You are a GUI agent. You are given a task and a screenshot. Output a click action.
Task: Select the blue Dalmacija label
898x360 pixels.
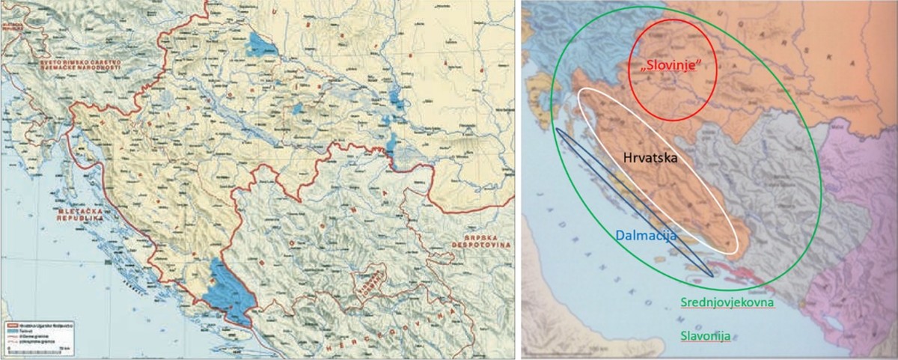[646, 235]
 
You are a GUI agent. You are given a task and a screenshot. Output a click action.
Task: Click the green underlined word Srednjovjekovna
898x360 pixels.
[727, 303]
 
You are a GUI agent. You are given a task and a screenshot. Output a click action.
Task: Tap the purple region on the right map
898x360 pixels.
[861, 225]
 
